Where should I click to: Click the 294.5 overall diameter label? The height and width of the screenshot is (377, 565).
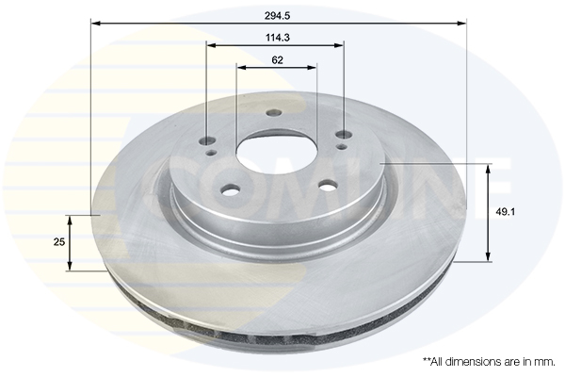tap(277, 15)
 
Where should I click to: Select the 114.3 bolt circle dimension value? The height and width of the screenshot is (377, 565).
tap(278, 38)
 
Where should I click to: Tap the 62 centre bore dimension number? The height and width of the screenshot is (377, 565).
tap(277, 60)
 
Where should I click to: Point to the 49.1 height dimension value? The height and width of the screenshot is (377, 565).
tap(505, 212)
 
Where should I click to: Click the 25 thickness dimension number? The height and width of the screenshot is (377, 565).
tap(58, 241)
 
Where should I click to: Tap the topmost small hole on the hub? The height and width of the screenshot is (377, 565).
tap(274, 112)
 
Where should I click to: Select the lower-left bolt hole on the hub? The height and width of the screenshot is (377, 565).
tap(231, 189)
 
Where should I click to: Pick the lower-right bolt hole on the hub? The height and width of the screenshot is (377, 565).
tap(328, 187)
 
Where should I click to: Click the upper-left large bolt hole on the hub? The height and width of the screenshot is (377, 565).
tap(207, 141)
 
